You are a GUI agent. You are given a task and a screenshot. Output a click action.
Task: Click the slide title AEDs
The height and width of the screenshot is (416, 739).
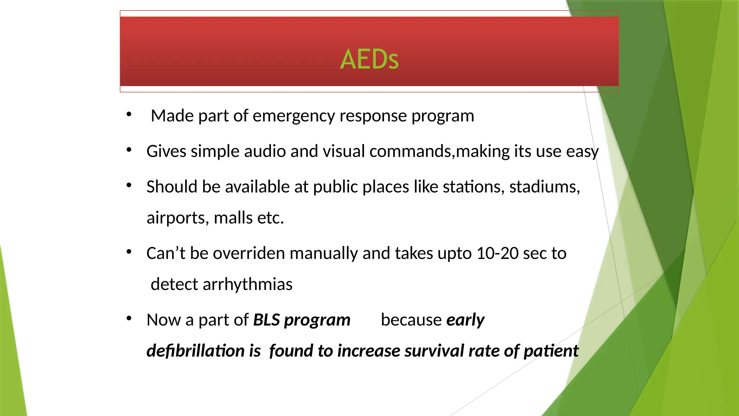tap(369, 59)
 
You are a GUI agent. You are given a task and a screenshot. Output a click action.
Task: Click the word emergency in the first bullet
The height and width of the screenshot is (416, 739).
tap(294, 116)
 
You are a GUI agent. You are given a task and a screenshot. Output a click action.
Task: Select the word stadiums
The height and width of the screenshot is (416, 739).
tap(544, 187)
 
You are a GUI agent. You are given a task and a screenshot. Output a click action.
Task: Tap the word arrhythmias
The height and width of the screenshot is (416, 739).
tap(247, 285)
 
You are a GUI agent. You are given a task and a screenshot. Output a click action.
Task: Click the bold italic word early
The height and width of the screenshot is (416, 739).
tap(465, 320)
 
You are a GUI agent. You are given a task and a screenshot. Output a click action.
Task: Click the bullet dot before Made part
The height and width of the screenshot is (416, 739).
tap(129, 114)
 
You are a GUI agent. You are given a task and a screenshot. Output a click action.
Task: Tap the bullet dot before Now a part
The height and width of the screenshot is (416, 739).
tap(129, 318)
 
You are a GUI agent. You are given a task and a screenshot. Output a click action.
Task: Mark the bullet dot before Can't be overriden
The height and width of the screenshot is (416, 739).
tap(129, 252)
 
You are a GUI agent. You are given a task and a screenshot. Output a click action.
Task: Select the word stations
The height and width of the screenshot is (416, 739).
tap(473, 187)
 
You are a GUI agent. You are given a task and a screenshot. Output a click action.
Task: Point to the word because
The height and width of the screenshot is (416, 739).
tap(411, 320)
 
